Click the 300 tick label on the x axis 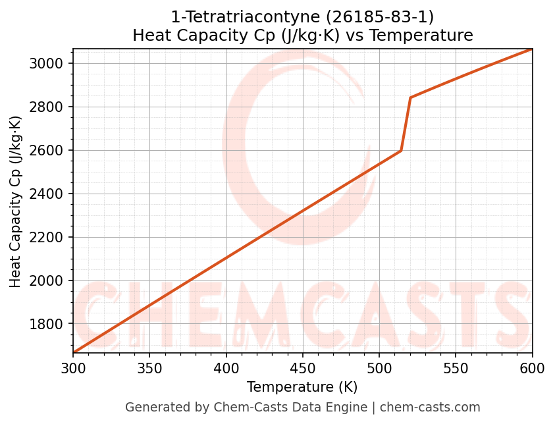[73, 367]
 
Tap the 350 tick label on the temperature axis [149, 367]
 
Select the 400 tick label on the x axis [226, 367]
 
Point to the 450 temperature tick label [303, 367]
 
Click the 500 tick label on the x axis [379, 367]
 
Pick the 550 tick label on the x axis [456, 367]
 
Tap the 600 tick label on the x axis [532, 367]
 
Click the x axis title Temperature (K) [302, 387]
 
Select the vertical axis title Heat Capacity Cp [16, 201]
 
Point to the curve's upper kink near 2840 [410, 97]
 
